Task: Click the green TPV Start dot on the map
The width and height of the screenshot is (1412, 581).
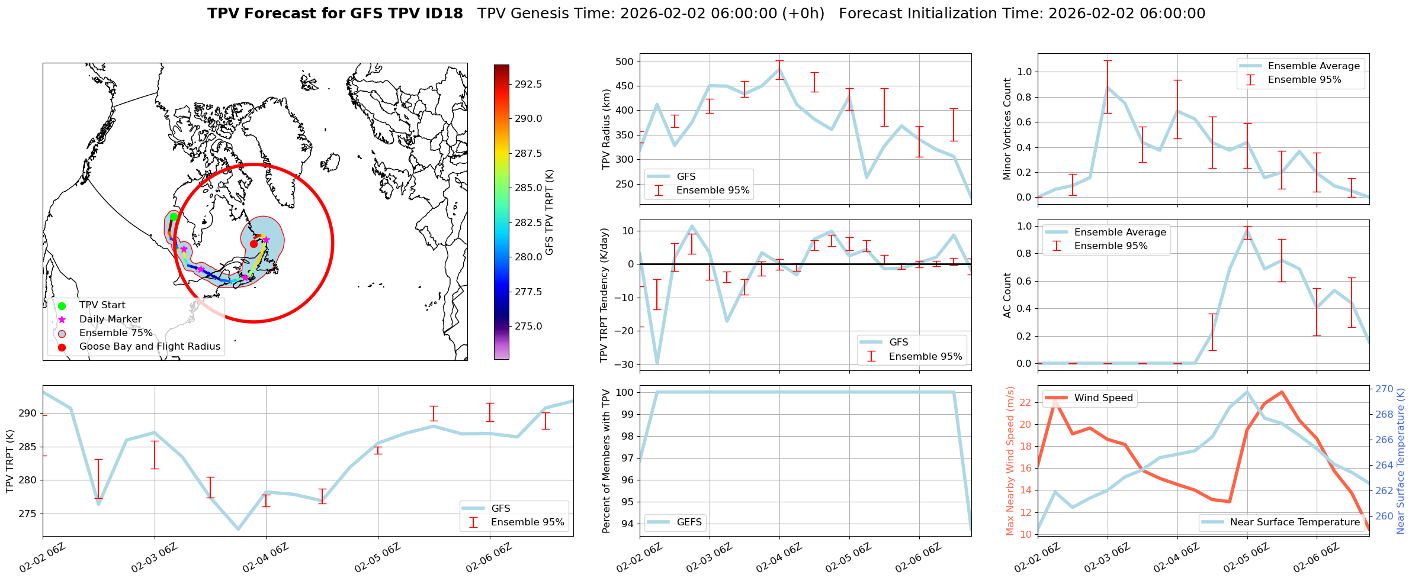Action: click(x=174, y=217)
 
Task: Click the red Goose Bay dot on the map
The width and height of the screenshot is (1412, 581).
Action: click(x=253, y=244)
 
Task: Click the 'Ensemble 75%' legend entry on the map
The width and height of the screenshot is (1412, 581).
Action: click(x=115, y=333)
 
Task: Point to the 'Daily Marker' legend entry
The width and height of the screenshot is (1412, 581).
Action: click(x=110, y=319)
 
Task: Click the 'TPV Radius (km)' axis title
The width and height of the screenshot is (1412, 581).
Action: click(x=606, y=129)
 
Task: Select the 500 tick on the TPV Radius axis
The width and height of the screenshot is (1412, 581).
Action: click(x=625, y=62)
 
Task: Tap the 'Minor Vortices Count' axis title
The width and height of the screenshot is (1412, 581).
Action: click(x=1007, y=129)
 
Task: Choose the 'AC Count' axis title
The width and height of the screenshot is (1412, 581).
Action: click(x=1007, y=295)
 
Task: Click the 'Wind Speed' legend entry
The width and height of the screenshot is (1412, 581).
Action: click(x=1103, y=398)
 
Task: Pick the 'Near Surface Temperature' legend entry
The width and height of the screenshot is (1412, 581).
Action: click(x=1295, y=522)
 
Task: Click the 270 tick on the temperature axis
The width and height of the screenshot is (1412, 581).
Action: click(x=1384, y=389)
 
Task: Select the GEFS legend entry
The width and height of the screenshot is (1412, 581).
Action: click(x=689, y=522)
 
